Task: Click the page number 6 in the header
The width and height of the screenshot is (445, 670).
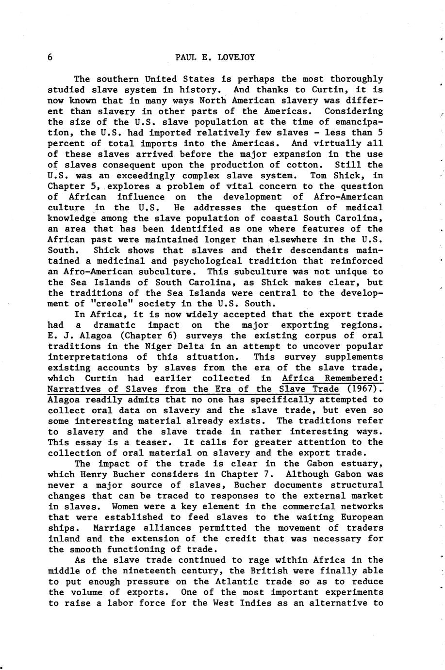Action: point(50,57)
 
